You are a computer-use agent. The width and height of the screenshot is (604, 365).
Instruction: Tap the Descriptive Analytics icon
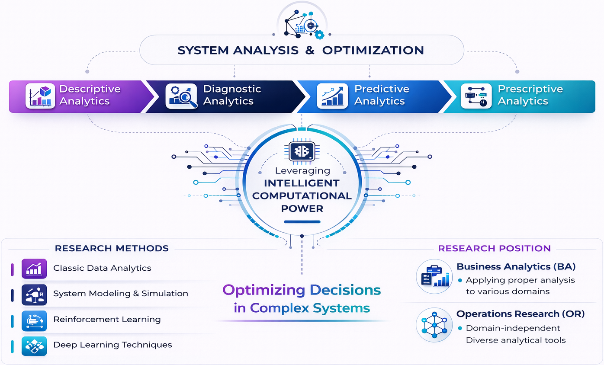(40, 96)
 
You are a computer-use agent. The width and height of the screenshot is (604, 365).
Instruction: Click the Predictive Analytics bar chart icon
(332, 96)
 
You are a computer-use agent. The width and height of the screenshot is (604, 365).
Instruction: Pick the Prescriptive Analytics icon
(476, 96)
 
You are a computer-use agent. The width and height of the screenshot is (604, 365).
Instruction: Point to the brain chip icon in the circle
(302, 151)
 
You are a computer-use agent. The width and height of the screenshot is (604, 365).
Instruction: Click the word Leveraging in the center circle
(302, 171)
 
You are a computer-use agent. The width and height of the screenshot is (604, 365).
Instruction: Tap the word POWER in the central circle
(302, 208)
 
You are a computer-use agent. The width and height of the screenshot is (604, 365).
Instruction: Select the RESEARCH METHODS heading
(112, 248)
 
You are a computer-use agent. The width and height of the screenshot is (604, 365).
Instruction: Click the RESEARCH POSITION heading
(494, 248)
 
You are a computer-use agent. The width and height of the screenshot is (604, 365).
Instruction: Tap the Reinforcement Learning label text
(107, 320)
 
